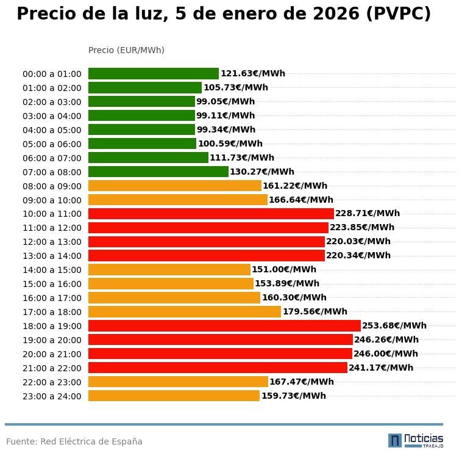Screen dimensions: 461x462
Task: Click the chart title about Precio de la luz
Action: coord(224,14)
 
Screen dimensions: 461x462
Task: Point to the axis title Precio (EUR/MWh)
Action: coord(126,50)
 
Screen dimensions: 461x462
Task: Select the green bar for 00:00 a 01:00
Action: coord(153,74)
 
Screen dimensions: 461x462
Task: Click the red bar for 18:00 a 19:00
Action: coord(224,326)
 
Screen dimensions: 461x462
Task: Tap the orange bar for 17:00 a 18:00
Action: coord(184,312)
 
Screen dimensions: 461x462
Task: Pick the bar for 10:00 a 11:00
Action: coord(211,214)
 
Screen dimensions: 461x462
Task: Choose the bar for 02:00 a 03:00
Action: coord(141,102)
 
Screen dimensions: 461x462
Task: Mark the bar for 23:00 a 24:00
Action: coord(174,396)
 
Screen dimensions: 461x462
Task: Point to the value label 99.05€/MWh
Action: coord(226,102)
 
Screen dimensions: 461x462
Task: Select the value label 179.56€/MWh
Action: coord(315,312)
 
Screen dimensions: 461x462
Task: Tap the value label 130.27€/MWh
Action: coord(261,172)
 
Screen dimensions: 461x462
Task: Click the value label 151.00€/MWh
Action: coord(284,270)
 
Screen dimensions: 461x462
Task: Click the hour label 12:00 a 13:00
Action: coord(52,242)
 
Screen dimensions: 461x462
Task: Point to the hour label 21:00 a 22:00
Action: coord(52,368)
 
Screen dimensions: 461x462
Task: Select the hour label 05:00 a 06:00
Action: coord(52,144)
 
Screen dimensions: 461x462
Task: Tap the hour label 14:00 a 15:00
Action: coord(52,270)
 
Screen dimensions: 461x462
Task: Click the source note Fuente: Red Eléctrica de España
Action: coord(74,442)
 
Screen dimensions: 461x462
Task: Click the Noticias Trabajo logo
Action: coord(416,440)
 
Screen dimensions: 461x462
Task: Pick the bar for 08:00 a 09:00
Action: coord(174,186)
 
